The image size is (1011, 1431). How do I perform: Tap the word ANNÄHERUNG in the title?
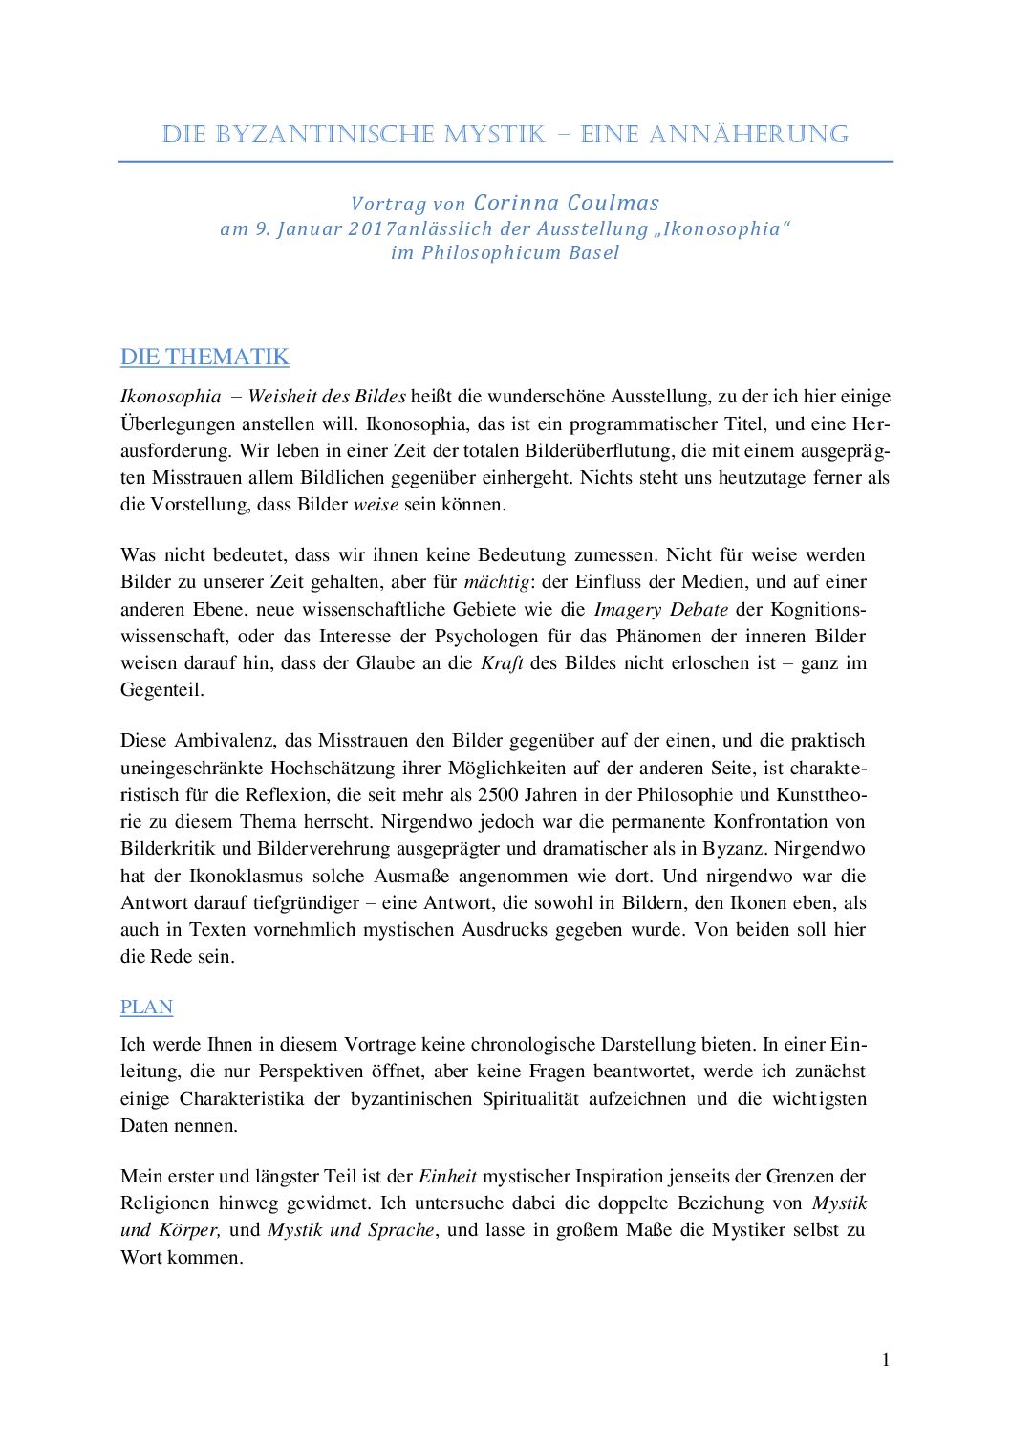748,135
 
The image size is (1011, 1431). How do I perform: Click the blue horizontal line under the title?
505,162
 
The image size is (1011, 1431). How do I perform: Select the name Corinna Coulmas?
567,203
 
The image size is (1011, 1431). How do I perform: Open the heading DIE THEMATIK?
204,357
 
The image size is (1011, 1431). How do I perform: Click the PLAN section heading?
146,1007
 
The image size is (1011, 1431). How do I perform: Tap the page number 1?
886,1359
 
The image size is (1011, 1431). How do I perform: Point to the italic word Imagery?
628,609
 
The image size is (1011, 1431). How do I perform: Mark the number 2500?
498,794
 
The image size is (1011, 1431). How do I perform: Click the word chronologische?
532,1044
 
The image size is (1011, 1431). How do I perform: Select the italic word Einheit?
447,1176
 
